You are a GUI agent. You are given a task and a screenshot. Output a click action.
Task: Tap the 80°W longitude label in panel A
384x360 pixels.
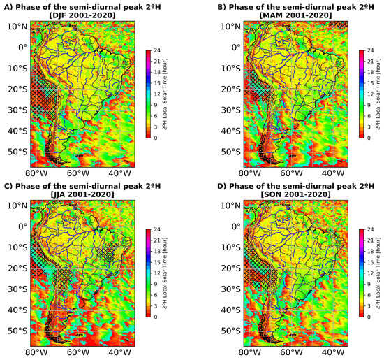tap(36, 173)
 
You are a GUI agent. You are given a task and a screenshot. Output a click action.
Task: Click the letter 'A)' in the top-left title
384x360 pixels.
tap(8, 6)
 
